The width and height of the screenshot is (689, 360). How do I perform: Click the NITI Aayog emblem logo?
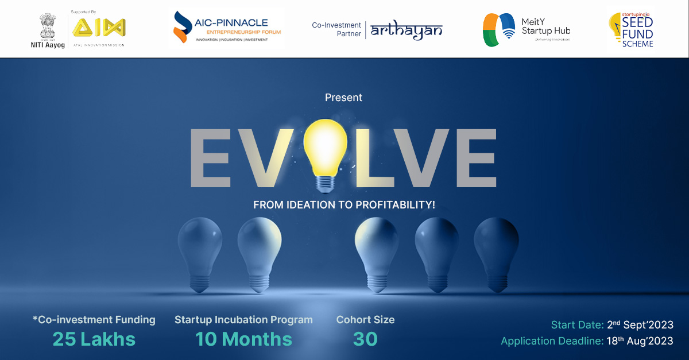point(45,25)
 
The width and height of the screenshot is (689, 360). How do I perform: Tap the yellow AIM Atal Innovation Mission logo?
point(98,28)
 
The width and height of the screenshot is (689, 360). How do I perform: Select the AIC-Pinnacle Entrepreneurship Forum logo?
point(227,28)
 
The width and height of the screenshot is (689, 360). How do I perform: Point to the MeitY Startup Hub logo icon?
point(498,30)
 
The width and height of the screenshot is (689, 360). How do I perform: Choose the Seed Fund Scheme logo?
point(631,30)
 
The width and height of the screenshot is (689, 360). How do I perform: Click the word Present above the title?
point(343,98)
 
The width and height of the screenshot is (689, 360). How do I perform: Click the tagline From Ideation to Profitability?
point(344,204)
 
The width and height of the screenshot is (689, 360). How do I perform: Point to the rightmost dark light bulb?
point(496,245)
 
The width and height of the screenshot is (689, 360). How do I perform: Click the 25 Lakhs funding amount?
point(94,339)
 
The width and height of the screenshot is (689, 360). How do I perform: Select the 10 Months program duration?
point(243,339)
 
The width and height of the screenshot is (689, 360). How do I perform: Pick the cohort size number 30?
point(365,339)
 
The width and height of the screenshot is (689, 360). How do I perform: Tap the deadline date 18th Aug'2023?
point(639,341)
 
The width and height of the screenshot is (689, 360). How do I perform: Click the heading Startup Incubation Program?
point(243,320)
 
